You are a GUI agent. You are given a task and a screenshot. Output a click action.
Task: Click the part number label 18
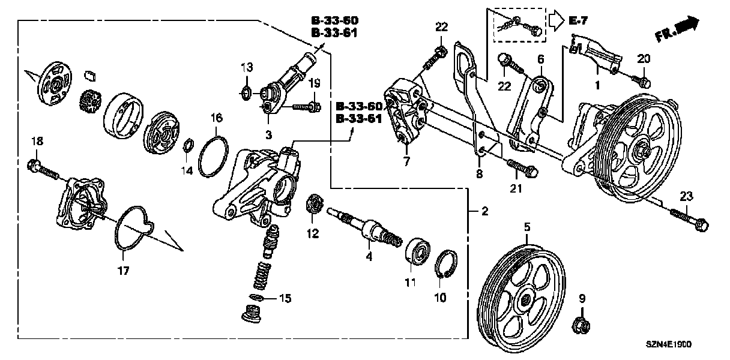click(x=37, y=141)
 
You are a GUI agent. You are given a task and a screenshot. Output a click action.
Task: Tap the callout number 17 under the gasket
click(x=123, y=271)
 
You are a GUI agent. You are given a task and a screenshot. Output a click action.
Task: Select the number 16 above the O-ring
click(x=216, y=119)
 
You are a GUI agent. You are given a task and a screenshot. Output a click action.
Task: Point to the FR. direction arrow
click(x=678, y=29)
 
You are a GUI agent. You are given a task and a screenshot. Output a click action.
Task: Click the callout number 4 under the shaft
click(x=369, y=257)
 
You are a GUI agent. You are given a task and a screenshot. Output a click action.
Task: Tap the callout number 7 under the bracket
click(x=406, y=161)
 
